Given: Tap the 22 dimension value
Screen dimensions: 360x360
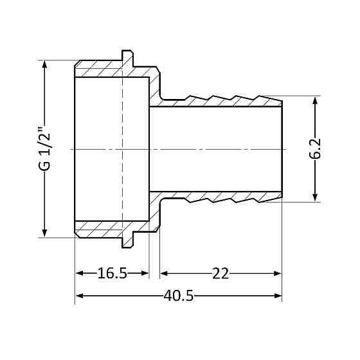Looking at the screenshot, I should pos(221,274).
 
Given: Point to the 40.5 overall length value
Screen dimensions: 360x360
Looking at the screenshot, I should pos(179,296).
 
